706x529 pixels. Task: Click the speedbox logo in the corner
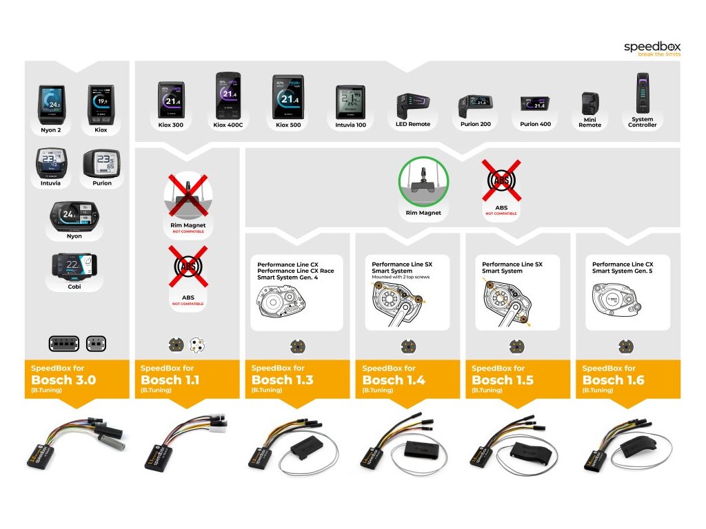coord(651,49)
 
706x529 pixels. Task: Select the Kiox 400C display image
coord(228,96)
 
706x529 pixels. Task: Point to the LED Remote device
coord(412,107)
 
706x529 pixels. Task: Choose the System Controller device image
coord(641,96)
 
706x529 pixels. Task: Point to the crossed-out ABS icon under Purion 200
coord(501,180)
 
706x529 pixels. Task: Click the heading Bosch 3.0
coord(63,380)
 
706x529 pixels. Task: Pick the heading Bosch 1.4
coord(394,380)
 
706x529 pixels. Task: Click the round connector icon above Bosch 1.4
coord(407,346)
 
